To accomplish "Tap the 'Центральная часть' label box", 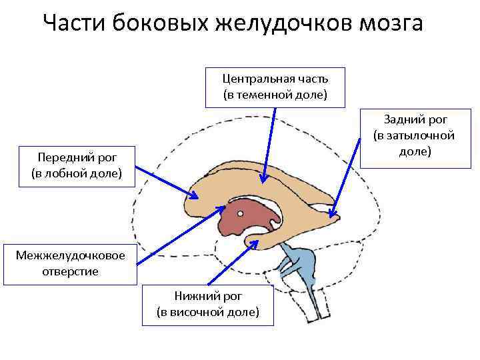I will pyautogui.click(x=275, y=87).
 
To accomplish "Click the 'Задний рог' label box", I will pyautogui.click(x=414, y=135).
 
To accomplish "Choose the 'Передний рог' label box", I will pyautogui.click(x=77, y=166).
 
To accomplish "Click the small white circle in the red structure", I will pyautogui.click(x=240, y=214).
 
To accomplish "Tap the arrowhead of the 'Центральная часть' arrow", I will pyautogui.click(x=264, y=180).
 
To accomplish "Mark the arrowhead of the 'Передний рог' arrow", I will pyautogui.click(x=198, y=197).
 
